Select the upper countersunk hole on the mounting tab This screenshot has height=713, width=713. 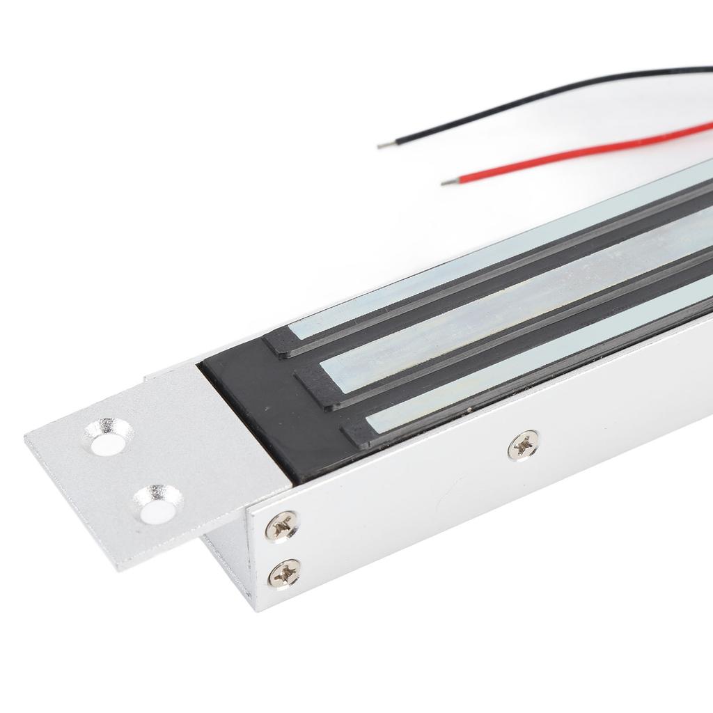[x=108, y=437]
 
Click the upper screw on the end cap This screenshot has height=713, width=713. [x=283, y=526]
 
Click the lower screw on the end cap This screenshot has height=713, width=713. [x=284, y=574]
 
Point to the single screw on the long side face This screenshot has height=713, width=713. [x=524, y=446]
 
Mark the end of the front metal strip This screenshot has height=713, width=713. [x=376, y=419]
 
